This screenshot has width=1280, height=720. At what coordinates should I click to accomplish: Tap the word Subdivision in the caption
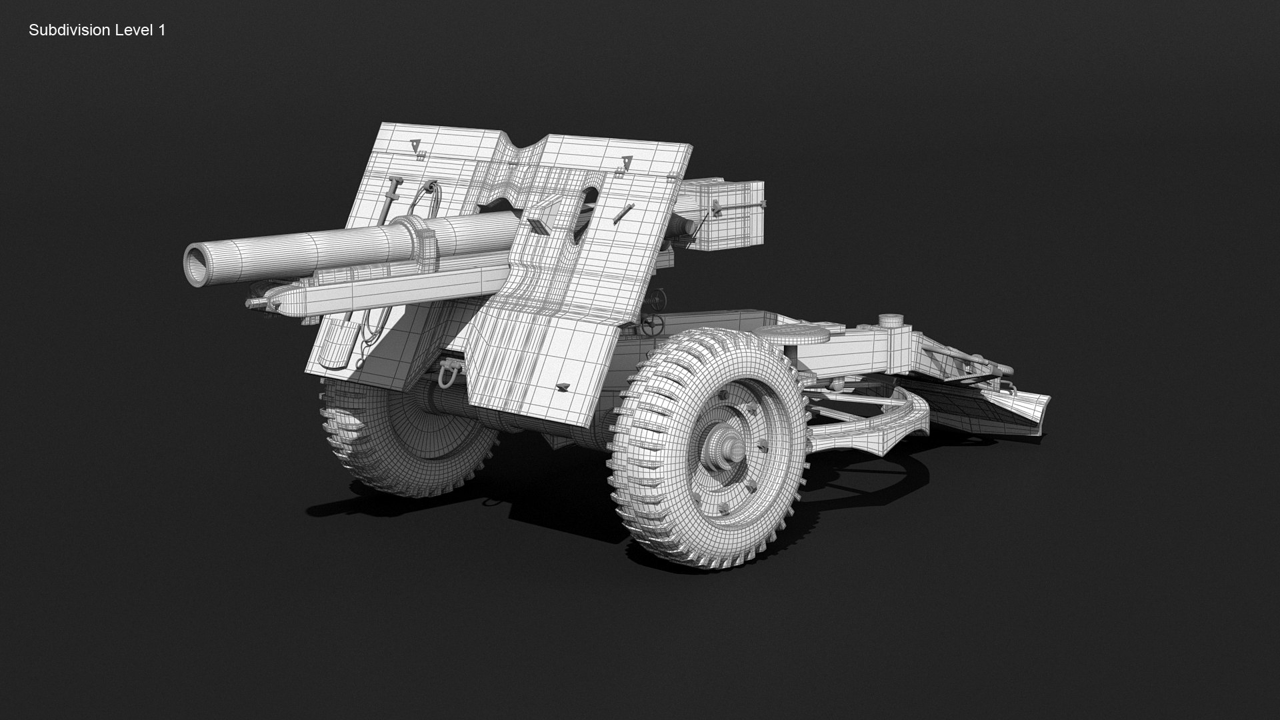point(67,30)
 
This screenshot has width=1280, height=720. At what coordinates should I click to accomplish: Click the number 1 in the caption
point(161,30)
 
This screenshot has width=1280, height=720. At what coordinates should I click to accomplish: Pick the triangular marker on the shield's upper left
point(414,143)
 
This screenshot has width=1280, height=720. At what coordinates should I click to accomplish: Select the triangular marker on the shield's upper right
point(626,161)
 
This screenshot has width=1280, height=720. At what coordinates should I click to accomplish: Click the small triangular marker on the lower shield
point(562,387)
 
